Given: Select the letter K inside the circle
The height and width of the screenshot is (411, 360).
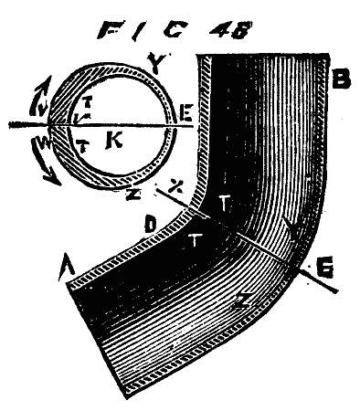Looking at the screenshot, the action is click(115, 143).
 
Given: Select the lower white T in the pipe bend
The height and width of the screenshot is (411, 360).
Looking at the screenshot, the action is click(196, 240).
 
